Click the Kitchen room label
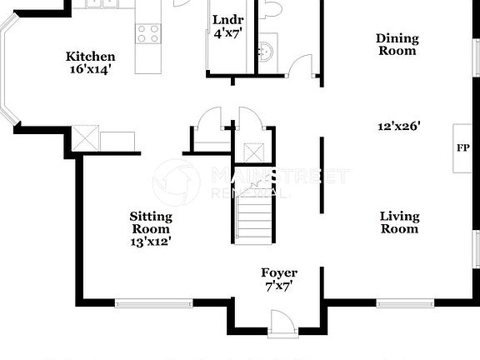point(90,57)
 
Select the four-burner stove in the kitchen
point(147,33)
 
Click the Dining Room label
point(397,44)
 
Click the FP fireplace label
point(462,148)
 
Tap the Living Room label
point(399,222)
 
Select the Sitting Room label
point(151,222)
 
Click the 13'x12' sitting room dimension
point(151,242)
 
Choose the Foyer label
point(279,272)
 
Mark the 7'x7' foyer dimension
point(279,286)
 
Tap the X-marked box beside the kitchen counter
point(85,138)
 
